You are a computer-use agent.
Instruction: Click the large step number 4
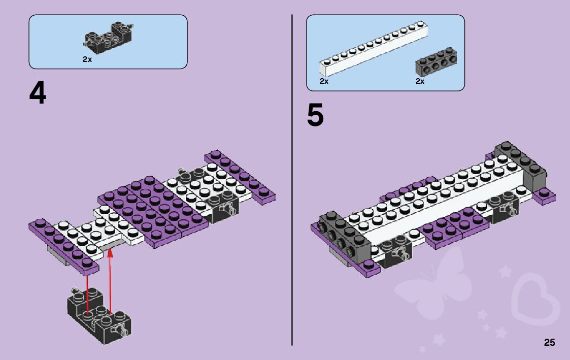coord(38,93)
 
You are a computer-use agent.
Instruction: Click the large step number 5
coord(315,116)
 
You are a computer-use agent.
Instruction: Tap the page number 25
coord(549,343)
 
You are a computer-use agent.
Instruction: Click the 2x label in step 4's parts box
coord(87,59)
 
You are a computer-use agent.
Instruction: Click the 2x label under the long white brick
coord(324,81)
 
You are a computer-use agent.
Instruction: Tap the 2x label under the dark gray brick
coord(420,81)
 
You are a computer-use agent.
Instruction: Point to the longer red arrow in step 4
coord(87,294)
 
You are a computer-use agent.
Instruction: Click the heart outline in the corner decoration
coord(535,300)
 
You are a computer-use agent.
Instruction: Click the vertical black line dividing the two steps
coord(292,178)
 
